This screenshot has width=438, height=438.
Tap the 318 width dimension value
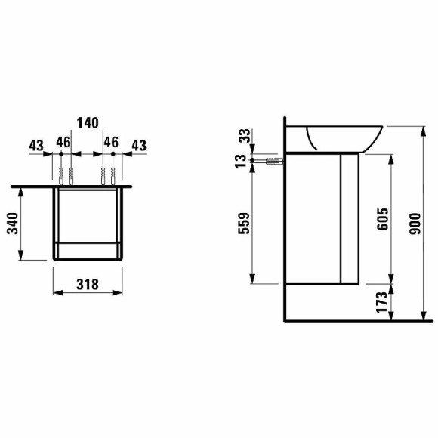click(88, 285)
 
